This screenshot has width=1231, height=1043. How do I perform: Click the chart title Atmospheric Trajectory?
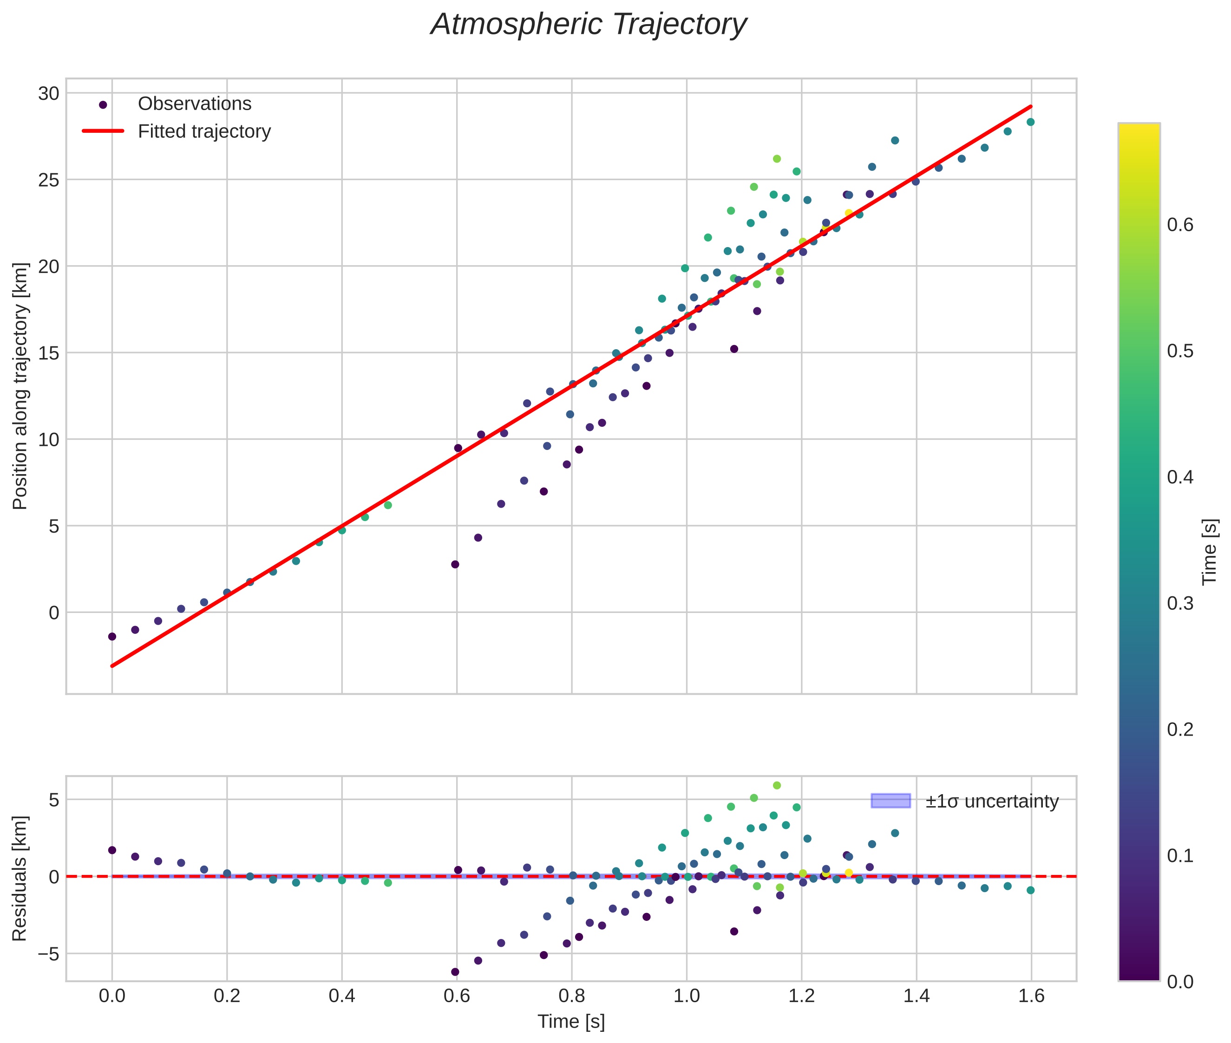tap(589, 25)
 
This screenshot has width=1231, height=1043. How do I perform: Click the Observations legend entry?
tap(194, 104)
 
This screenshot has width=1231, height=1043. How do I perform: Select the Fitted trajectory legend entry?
tap(203, 131)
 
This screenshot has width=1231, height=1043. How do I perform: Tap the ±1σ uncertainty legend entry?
tap(991, 801)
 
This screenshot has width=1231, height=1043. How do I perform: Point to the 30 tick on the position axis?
tap(48, 93)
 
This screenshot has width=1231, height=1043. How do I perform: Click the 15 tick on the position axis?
tap(48, 353)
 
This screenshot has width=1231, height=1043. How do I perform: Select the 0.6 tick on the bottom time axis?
tap(457, 996)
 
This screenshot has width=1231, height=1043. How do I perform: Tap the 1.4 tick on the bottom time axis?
tap(917, 996)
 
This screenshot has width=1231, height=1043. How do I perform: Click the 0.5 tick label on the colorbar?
tap(1179, 351)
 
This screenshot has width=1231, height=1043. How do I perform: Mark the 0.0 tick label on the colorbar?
tap(1179, 982)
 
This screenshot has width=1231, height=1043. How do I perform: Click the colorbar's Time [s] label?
tap(1210, 552)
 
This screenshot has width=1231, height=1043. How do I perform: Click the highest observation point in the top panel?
tap(1030, 122)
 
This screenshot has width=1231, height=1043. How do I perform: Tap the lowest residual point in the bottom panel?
tap(455, 972)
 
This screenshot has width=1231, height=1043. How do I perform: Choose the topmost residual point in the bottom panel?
tap(777, 785)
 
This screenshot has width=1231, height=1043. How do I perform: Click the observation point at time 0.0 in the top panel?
tap(112, 637)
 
